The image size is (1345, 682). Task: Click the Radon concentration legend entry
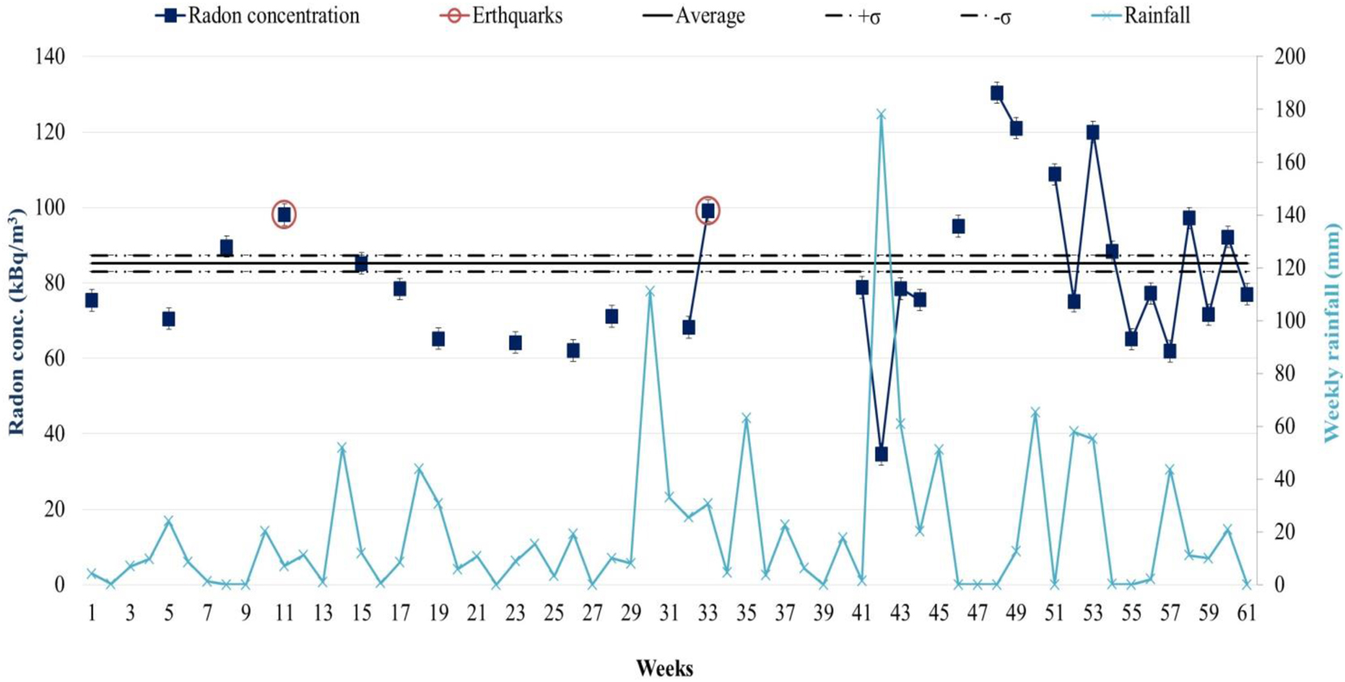(x=258, y=15)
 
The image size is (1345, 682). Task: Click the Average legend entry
(x=695, y=15)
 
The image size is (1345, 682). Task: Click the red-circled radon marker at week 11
(x=284, y=214)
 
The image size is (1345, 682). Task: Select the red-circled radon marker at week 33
(x=708, y=211)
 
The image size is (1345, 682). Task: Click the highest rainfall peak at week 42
(x=881, y=114)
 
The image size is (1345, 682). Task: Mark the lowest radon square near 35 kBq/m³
(x=881, y=454)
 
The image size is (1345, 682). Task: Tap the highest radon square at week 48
(x=996, y=93)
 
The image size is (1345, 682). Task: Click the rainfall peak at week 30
(x=650, y=290)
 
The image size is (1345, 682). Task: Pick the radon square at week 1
(x=92, y=300)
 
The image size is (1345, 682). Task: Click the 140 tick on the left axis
(x=50, y=57)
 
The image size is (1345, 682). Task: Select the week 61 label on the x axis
(x=1246, y=614)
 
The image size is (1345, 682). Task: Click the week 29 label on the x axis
(x=631, y=614)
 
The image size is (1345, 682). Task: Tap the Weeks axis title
(x=664, y=668)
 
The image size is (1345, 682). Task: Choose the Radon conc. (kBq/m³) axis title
(x=16, y=321)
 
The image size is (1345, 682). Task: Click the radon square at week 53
(x=1093, y=132)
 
